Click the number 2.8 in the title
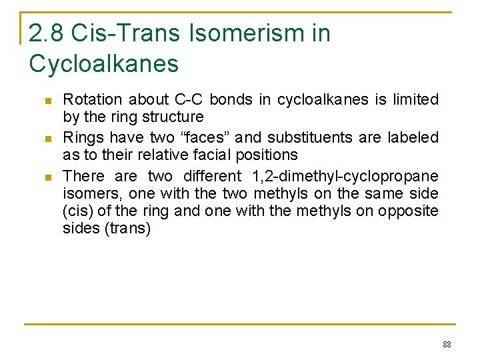point(47,33)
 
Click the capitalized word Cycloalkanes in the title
point(104,64)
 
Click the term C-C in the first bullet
point(189,100)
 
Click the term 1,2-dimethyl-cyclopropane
point(345,177)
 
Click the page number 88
point(446,345)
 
